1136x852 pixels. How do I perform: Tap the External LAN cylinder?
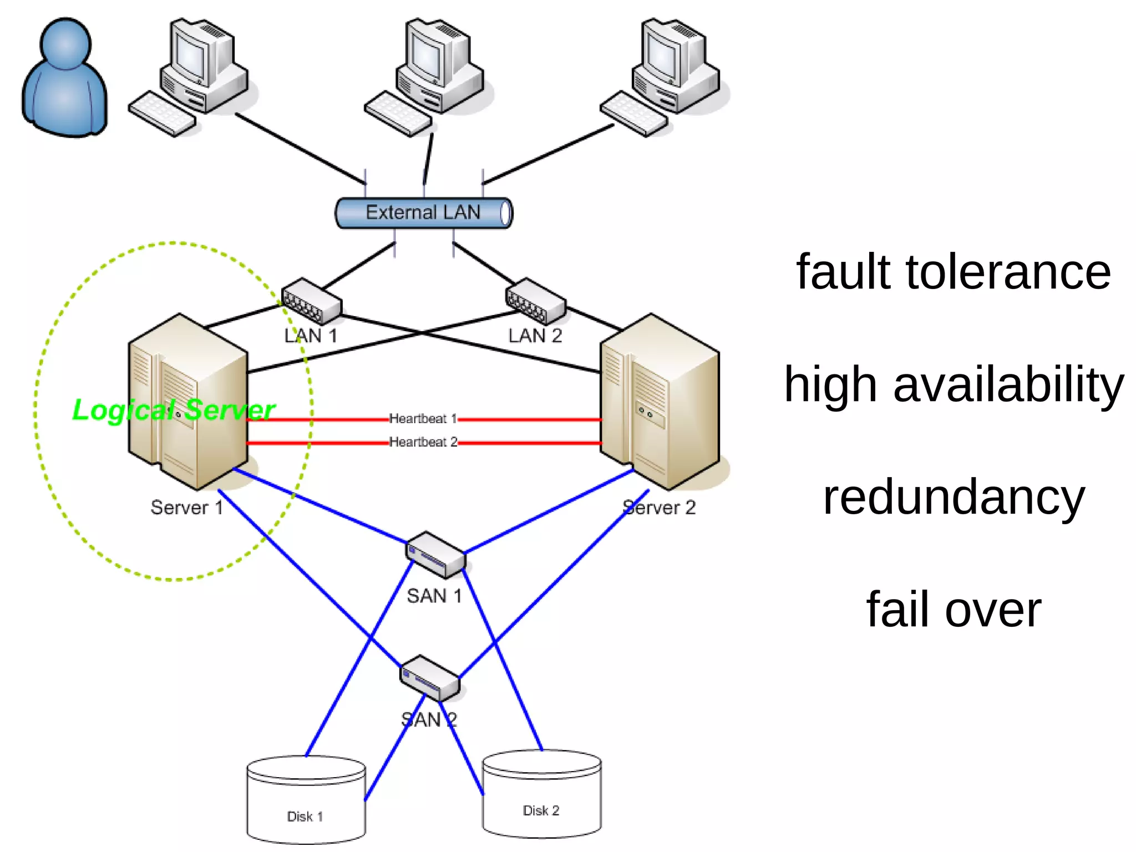click(423, 213)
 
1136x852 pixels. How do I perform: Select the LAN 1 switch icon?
click(311, 302)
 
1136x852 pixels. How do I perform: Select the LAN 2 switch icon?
click(535, 302)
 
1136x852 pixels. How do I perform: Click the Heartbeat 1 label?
click(423, 419)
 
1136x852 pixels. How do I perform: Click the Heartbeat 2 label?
click(423, 442)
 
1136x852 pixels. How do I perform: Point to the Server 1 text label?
click(187, 508)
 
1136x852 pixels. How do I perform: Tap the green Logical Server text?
click(173, 410)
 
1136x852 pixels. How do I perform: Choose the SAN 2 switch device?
click(430, 678)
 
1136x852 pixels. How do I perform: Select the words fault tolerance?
click(953, 272)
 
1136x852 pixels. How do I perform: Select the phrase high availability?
click(953, 384)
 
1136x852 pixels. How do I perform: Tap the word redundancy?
click(953, 498)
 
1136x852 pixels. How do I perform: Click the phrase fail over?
click(953, 610)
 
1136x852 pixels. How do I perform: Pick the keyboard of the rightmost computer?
click(633, 114)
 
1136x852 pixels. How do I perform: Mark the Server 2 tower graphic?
click(660, 402)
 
